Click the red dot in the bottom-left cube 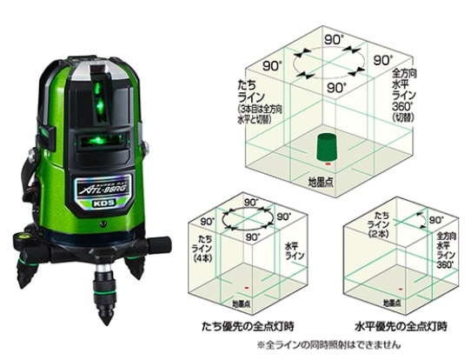(x=252, y=287)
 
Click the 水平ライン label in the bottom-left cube (x=295, y=252)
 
